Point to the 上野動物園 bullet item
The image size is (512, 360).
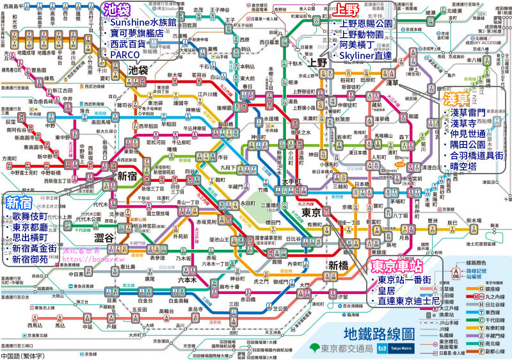coord(367,35)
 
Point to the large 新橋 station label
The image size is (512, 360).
coord(340,265)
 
